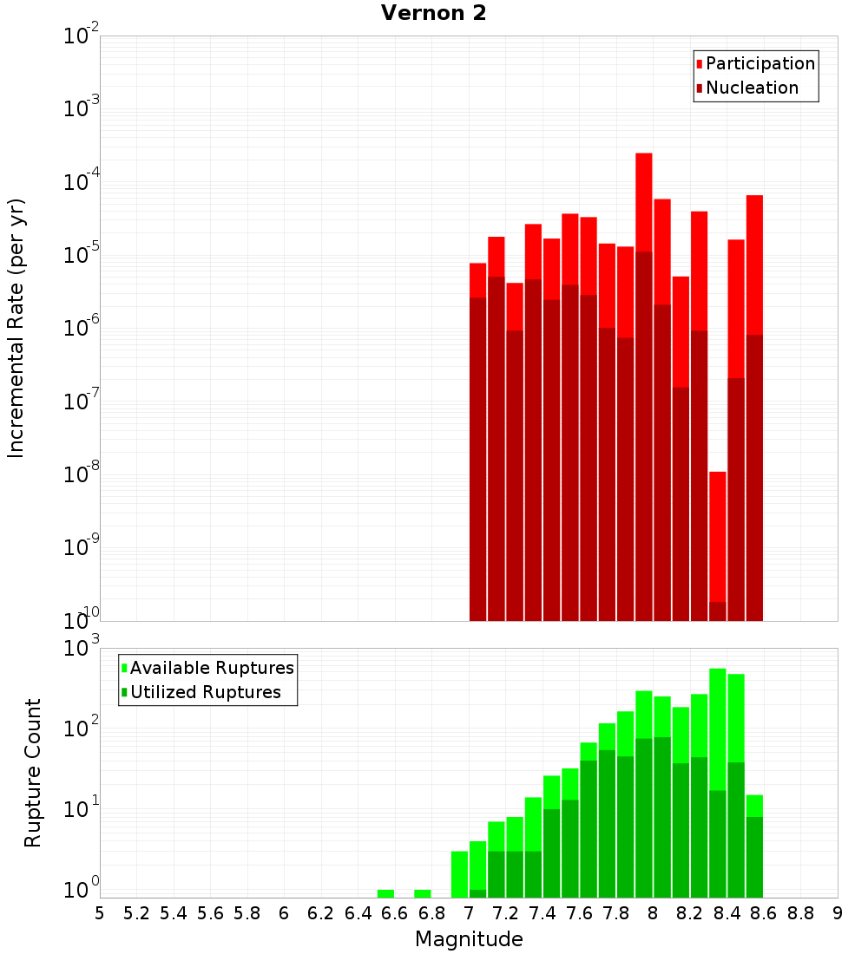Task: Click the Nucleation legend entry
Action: pos(751,88)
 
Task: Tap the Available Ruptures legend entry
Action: pos(211,669)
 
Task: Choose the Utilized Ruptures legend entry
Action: pos(205,693)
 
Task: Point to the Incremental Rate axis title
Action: pos(16,329)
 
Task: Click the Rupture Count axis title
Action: pos(33,773)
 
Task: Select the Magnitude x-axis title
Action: pos(469,939)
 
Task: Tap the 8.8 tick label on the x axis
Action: pos(800,913)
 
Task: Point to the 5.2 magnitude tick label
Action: pos(136,913)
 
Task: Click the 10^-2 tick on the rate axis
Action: pos(82,36)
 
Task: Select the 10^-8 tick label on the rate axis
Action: pos(82,475)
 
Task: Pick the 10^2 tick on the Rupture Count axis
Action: pos(82,729)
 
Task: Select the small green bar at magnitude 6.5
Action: pos(385,893)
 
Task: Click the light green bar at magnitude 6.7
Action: pos(423,893)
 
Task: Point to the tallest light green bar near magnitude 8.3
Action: pos(717,729)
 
